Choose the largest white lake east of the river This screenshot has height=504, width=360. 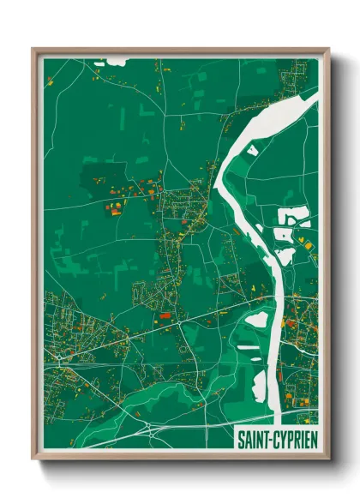(292, 218)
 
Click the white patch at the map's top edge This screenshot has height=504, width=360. (114, 63)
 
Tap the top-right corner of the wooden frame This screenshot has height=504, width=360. (327, 50)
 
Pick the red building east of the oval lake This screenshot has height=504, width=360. (290, 323)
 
